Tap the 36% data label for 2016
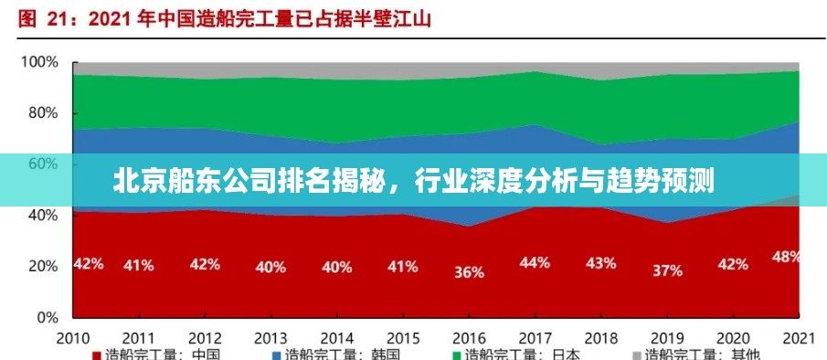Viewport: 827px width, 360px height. (x=469, y=271)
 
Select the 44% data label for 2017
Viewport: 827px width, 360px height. (x=535, y=262)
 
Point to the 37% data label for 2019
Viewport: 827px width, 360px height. (x=667, y=270)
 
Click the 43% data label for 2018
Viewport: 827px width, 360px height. (x=600, y=263)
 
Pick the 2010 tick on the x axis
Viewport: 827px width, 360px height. (x=73, y=336)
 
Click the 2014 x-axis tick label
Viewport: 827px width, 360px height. (x=337, y=336)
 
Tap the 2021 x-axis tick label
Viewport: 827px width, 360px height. (x=800, y=336)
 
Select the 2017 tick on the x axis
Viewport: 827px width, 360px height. (x=535, y=336)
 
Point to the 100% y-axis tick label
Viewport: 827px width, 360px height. (x=40, y=63)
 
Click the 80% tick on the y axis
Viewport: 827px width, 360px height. (x=44, y=113)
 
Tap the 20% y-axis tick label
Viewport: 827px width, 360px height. (x=44, y=266)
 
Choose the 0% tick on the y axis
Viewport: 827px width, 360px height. (x=48, y=317)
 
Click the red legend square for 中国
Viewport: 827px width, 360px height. (x=96, y=355)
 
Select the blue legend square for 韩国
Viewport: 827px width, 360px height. (x=276, y=355)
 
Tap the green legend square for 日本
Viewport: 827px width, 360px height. (x=456, y=355)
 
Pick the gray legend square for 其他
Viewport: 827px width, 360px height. (x=636, y=355)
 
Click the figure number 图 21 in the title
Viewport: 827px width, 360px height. (x=42, y=17)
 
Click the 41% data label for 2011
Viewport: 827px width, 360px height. (x=139, y=265)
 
